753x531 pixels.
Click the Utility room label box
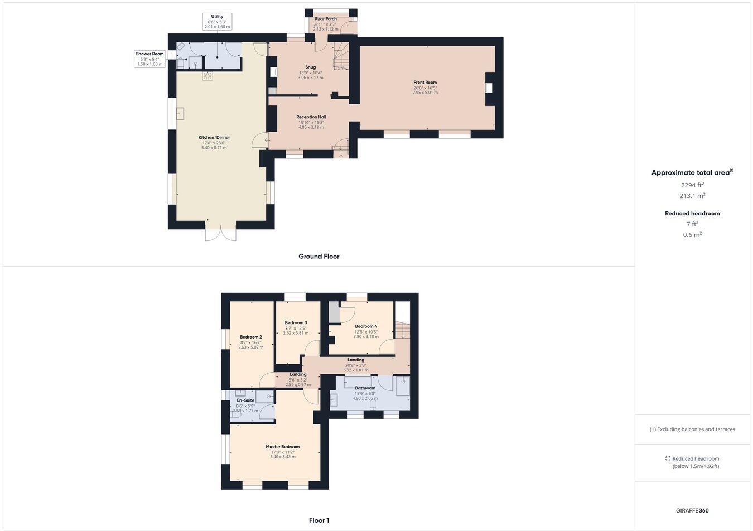217,22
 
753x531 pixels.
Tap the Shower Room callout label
150,59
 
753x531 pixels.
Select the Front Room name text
425,83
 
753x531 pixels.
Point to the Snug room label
310,67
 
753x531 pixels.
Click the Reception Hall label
311,117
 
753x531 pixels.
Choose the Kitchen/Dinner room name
214,138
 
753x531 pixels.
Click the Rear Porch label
326,19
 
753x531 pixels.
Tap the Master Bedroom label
282,447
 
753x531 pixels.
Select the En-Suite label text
245,400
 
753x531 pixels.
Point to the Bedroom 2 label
250,337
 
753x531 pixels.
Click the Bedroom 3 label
296,323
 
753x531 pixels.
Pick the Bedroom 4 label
366,326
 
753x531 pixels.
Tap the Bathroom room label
365,388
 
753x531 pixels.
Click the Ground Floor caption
318,257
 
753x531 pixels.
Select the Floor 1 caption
319,520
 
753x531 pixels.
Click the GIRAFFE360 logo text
692,510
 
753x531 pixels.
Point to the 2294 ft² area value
692,185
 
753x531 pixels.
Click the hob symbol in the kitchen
207,76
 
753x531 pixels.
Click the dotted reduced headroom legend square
668,458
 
